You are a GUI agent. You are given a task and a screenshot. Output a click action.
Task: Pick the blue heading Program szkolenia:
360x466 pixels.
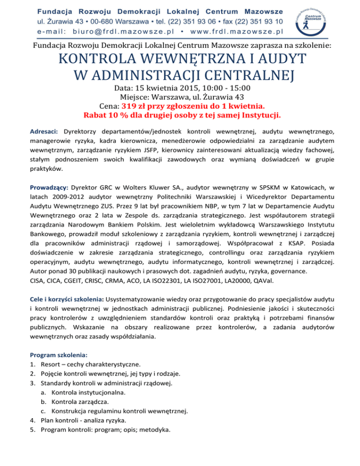[x=59, y=355]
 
